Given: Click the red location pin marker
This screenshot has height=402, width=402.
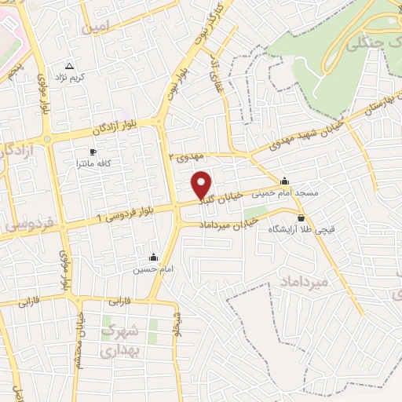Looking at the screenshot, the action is (203, 184).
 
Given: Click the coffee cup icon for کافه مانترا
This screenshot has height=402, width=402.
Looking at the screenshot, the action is (93, 152).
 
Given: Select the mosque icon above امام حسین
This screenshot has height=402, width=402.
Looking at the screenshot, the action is (152, 257).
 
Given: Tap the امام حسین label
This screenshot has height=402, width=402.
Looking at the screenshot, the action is (150, 269).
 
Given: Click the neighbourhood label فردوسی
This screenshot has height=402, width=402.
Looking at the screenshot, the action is (27, 224).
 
